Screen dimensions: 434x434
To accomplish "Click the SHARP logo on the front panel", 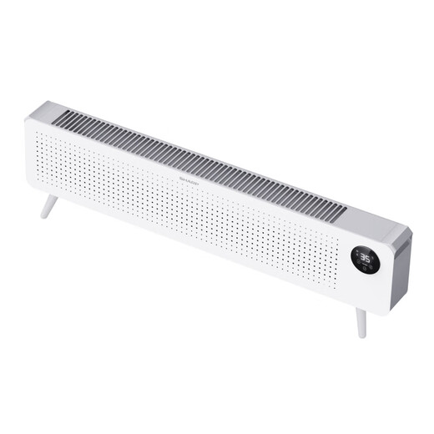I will (x=189, y=177).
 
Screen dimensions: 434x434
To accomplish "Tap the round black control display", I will (x=365, y=260).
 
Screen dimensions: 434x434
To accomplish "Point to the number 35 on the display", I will (x=365, y=258).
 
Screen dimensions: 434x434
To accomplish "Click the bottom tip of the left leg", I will (x=43, y=216).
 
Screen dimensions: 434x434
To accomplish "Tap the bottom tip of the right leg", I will (x=362, y=335).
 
